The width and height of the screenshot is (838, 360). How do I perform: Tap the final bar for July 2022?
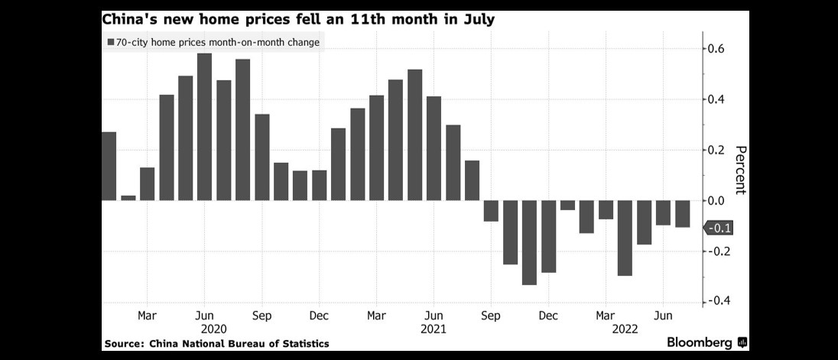coord(682,213)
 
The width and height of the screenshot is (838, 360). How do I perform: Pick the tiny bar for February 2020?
coord(128,198)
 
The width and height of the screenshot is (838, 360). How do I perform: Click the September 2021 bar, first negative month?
coord(491,211)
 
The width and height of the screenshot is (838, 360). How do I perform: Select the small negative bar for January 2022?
coord(567,205)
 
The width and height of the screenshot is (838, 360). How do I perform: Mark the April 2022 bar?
coord(625,238)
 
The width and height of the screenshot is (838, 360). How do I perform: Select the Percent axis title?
coord(739,170)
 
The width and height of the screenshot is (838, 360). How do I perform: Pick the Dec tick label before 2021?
coord(319,315)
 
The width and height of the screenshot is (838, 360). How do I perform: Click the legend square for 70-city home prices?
coord(112,43)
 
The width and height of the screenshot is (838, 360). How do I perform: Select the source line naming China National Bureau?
coord(216,344)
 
